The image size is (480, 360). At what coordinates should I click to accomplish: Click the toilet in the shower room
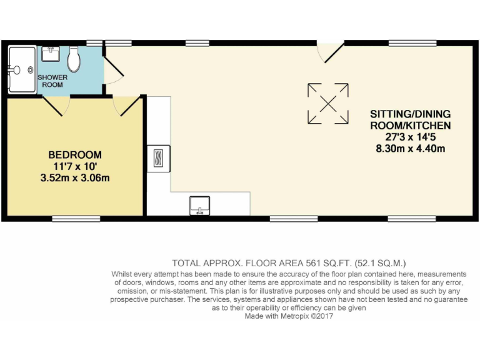tap(74, 59)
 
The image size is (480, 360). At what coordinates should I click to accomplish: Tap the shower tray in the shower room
tap(22, 69)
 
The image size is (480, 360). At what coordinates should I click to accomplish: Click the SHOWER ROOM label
tap(52, 81)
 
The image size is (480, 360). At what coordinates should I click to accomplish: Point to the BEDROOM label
tap(75, 154)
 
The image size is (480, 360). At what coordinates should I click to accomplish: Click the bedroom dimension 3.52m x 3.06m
tap(75, 177)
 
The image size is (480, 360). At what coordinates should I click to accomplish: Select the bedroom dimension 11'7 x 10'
tap(75, 166)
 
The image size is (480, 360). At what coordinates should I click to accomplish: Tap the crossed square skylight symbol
tap(328, 104)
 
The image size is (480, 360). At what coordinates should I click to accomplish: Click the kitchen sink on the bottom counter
tap(200, 205)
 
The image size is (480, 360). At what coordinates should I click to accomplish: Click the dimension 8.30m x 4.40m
tap(410, 148)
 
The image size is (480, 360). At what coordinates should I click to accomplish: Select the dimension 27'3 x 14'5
tap(410, 137)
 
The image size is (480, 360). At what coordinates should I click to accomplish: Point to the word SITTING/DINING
tap(410, 114)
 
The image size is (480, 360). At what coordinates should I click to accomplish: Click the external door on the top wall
tap(329, 51)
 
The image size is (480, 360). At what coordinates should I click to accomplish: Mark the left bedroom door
tap(55, 106)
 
